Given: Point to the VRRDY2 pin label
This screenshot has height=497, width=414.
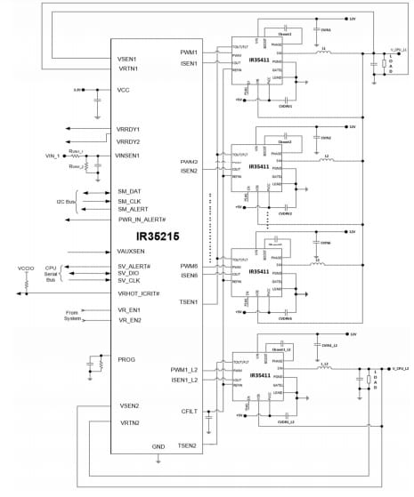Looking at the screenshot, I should click(x=131, y=142).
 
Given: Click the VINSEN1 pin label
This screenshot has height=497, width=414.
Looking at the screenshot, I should click(x=133, y=156).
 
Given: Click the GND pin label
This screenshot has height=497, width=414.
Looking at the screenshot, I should click(x=158, y=446).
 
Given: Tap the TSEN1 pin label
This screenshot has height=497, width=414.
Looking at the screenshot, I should click(x=188, y=302).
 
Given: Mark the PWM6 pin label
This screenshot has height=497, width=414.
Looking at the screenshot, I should click(x=189, y=266).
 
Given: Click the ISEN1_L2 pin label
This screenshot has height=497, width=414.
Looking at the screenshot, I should click(x=184, y=381).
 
